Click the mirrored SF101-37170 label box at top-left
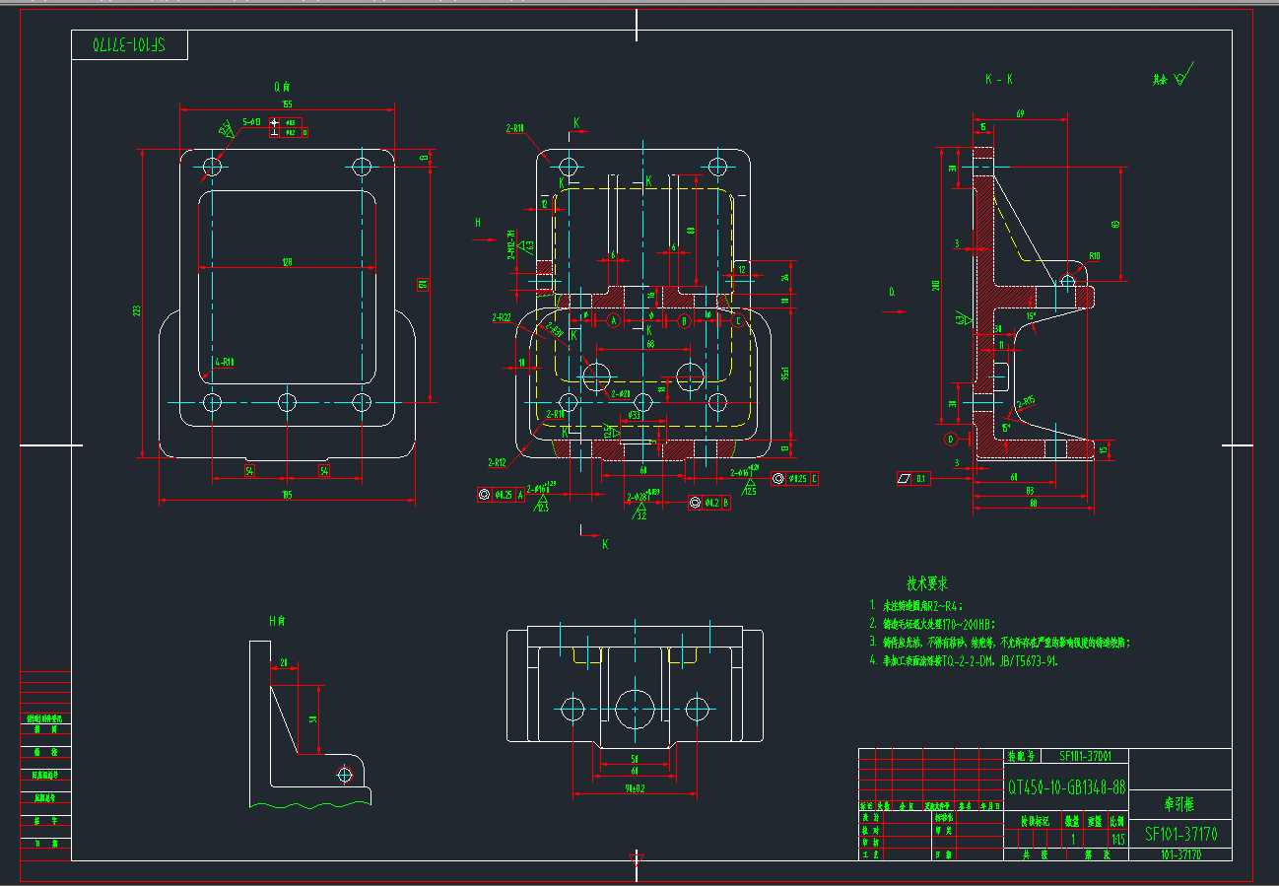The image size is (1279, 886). (x=129, y=45)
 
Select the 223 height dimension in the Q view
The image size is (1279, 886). (x=137, y=310)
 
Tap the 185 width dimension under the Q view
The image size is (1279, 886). (x=287, y=494)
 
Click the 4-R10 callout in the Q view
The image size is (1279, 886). (x=225, y=362)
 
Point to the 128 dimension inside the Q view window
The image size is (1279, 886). (x=287, y=262)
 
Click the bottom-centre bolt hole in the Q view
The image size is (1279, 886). (x=287, y=402)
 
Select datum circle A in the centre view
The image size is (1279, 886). (x=612, y=320)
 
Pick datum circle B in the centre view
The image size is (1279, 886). (x=684, y=320)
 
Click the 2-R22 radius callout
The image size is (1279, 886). (x=502, y=317)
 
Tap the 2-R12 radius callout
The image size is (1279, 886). (x=498, y=461)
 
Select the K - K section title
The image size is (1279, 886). (x=998, y=79)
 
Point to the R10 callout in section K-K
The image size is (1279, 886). (x=1094, y=256)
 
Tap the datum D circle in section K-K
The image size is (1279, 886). (x=951, y=438)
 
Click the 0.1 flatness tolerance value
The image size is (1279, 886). (x=921, y=479)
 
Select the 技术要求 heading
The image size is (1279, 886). (x=927, y=584)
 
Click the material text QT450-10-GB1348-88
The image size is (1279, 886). (x=1066, y=787)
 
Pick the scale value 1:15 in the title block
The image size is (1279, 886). (x=1117, y=840)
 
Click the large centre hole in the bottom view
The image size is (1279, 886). (x=636, y=708)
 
